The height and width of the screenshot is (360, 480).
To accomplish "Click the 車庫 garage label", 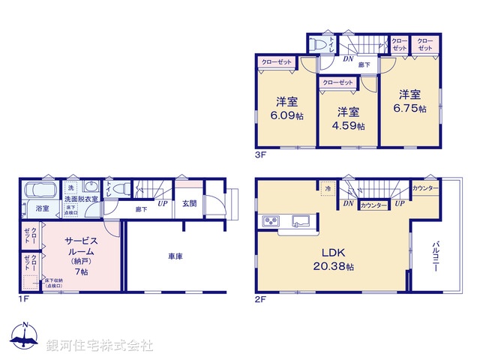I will point(176,256).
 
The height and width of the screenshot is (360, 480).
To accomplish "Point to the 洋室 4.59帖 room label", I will point(349,118).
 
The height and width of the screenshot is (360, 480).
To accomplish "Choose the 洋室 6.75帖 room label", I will point(409,101).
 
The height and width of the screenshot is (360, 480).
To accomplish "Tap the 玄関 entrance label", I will point(189,203).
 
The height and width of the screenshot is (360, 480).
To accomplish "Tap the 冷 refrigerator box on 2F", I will point(328,190).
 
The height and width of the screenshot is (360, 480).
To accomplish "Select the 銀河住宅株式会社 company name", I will point(100,346).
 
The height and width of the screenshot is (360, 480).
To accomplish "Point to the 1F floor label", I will point(23,301).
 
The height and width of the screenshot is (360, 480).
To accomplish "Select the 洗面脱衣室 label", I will point(80,199).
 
